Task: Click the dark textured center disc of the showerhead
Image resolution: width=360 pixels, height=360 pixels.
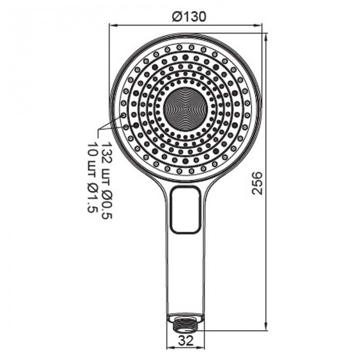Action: [186, 109]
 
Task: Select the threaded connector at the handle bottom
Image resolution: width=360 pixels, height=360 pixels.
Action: [185, 324]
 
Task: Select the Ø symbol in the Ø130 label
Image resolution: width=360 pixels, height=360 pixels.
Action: [176, 16]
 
